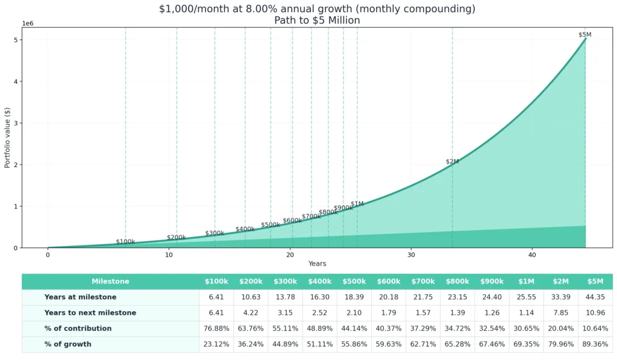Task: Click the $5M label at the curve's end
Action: click(584, 35)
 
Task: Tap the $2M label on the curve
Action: click(452, 162)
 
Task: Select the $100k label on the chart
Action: click(125, 242)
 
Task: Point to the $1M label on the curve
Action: click(357, 204)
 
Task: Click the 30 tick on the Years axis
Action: click(411, 254)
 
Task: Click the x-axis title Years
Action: click(317, 264)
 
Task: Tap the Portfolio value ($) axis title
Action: click(7, 137)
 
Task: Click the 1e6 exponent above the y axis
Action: click(28, 23)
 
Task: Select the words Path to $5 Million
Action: click(317, 20)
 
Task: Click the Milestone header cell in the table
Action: click(110, 282)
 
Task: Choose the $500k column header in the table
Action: click(354, 282)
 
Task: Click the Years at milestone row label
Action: click(80, 297)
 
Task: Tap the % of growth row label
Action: click(67, 344)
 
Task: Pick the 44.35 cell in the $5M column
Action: click(595, 297)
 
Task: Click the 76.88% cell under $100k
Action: click(216, 329)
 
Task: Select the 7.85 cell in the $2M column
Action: click(560, 313)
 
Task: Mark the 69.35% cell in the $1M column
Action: click(526, 344)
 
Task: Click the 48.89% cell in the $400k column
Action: click(320, 329)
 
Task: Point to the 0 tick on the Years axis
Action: click(48, 254)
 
